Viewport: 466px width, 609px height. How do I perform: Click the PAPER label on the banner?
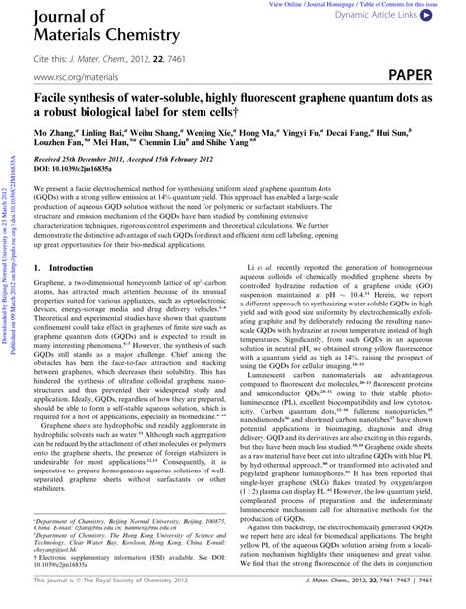pyautogui.click(x=422, y=75)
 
